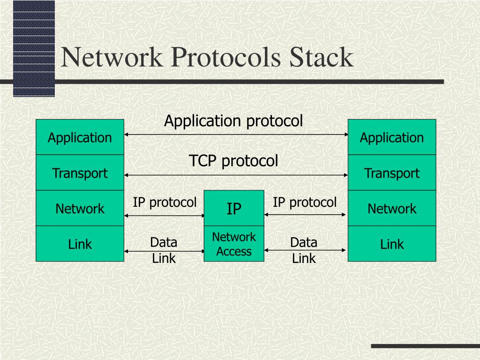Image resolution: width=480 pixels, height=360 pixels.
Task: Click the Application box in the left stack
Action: [x=80, y=137]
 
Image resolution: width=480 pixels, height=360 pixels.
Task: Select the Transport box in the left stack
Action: [x=80, y=173]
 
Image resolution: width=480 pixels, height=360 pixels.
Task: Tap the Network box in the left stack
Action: [x=80, y=209]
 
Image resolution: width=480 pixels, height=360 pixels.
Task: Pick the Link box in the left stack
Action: [x=80, y=244]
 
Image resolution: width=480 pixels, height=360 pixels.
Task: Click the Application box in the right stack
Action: [x=391, y=137]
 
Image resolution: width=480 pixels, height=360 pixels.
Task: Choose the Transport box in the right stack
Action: [x=391, y=173]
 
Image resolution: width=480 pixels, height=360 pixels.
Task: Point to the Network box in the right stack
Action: [x=391, y=209]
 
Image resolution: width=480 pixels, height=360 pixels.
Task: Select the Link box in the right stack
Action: [x=391, y=244]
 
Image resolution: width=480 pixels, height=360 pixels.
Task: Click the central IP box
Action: [x=234, y=209]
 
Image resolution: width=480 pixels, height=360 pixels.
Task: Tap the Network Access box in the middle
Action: [x=234, y=244]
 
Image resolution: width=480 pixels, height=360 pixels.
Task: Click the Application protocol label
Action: [x=233, y=121]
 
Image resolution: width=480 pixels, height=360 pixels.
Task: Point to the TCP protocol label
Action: [x=233, y=161]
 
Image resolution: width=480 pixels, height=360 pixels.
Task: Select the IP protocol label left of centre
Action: [x=165, y=202]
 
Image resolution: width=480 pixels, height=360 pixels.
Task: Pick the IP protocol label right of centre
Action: [x=305, y=202]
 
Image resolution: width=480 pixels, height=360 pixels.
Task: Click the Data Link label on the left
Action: [x=164, y=250]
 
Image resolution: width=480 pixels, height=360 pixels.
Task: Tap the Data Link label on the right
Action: [x=304, y=250]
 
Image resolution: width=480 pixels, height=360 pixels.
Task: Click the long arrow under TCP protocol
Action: [x=236, y=175]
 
